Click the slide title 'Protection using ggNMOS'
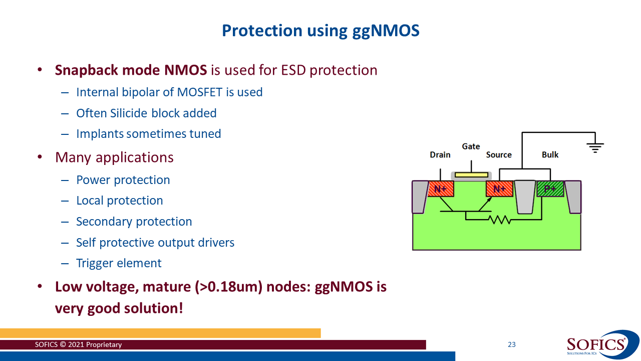320,31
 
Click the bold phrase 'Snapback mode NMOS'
131,70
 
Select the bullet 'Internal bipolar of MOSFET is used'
169,92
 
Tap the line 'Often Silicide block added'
146,113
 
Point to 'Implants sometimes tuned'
148,134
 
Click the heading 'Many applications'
114,157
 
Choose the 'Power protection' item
123,180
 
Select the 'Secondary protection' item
134,222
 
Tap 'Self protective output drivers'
155,243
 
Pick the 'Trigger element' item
119,263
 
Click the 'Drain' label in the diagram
440,155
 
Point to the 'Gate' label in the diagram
471,146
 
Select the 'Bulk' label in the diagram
550,155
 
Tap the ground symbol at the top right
595,147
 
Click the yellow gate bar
471,175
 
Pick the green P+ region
550,189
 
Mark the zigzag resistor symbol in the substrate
499,219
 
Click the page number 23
511,344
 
